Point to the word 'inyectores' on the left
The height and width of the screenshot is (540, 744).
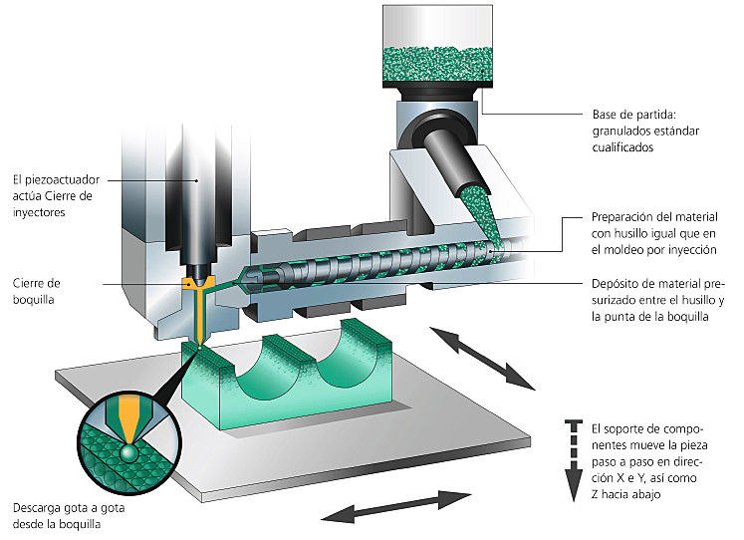pyautogui.click(x=42, y=212)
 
